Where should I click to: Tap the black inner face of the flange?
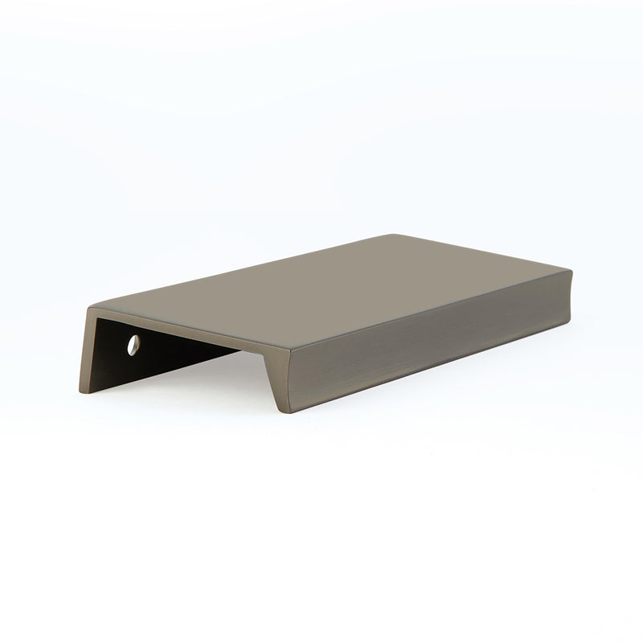[x=161, y=354]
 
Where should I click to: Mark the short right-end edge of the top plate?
[x=482, y=251]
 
